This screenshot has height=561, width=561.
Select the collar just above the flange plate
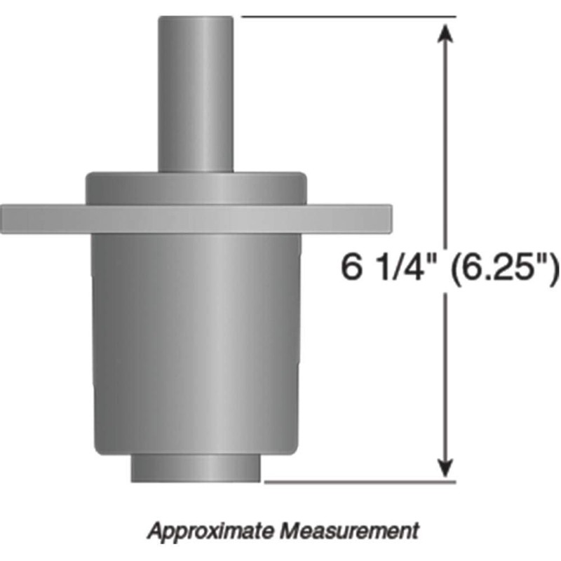pos(196,188)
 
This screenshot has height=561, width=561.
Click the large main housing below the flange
pos(196,337)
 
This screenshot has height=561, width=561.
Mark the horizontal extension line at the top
pos(351,16)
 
